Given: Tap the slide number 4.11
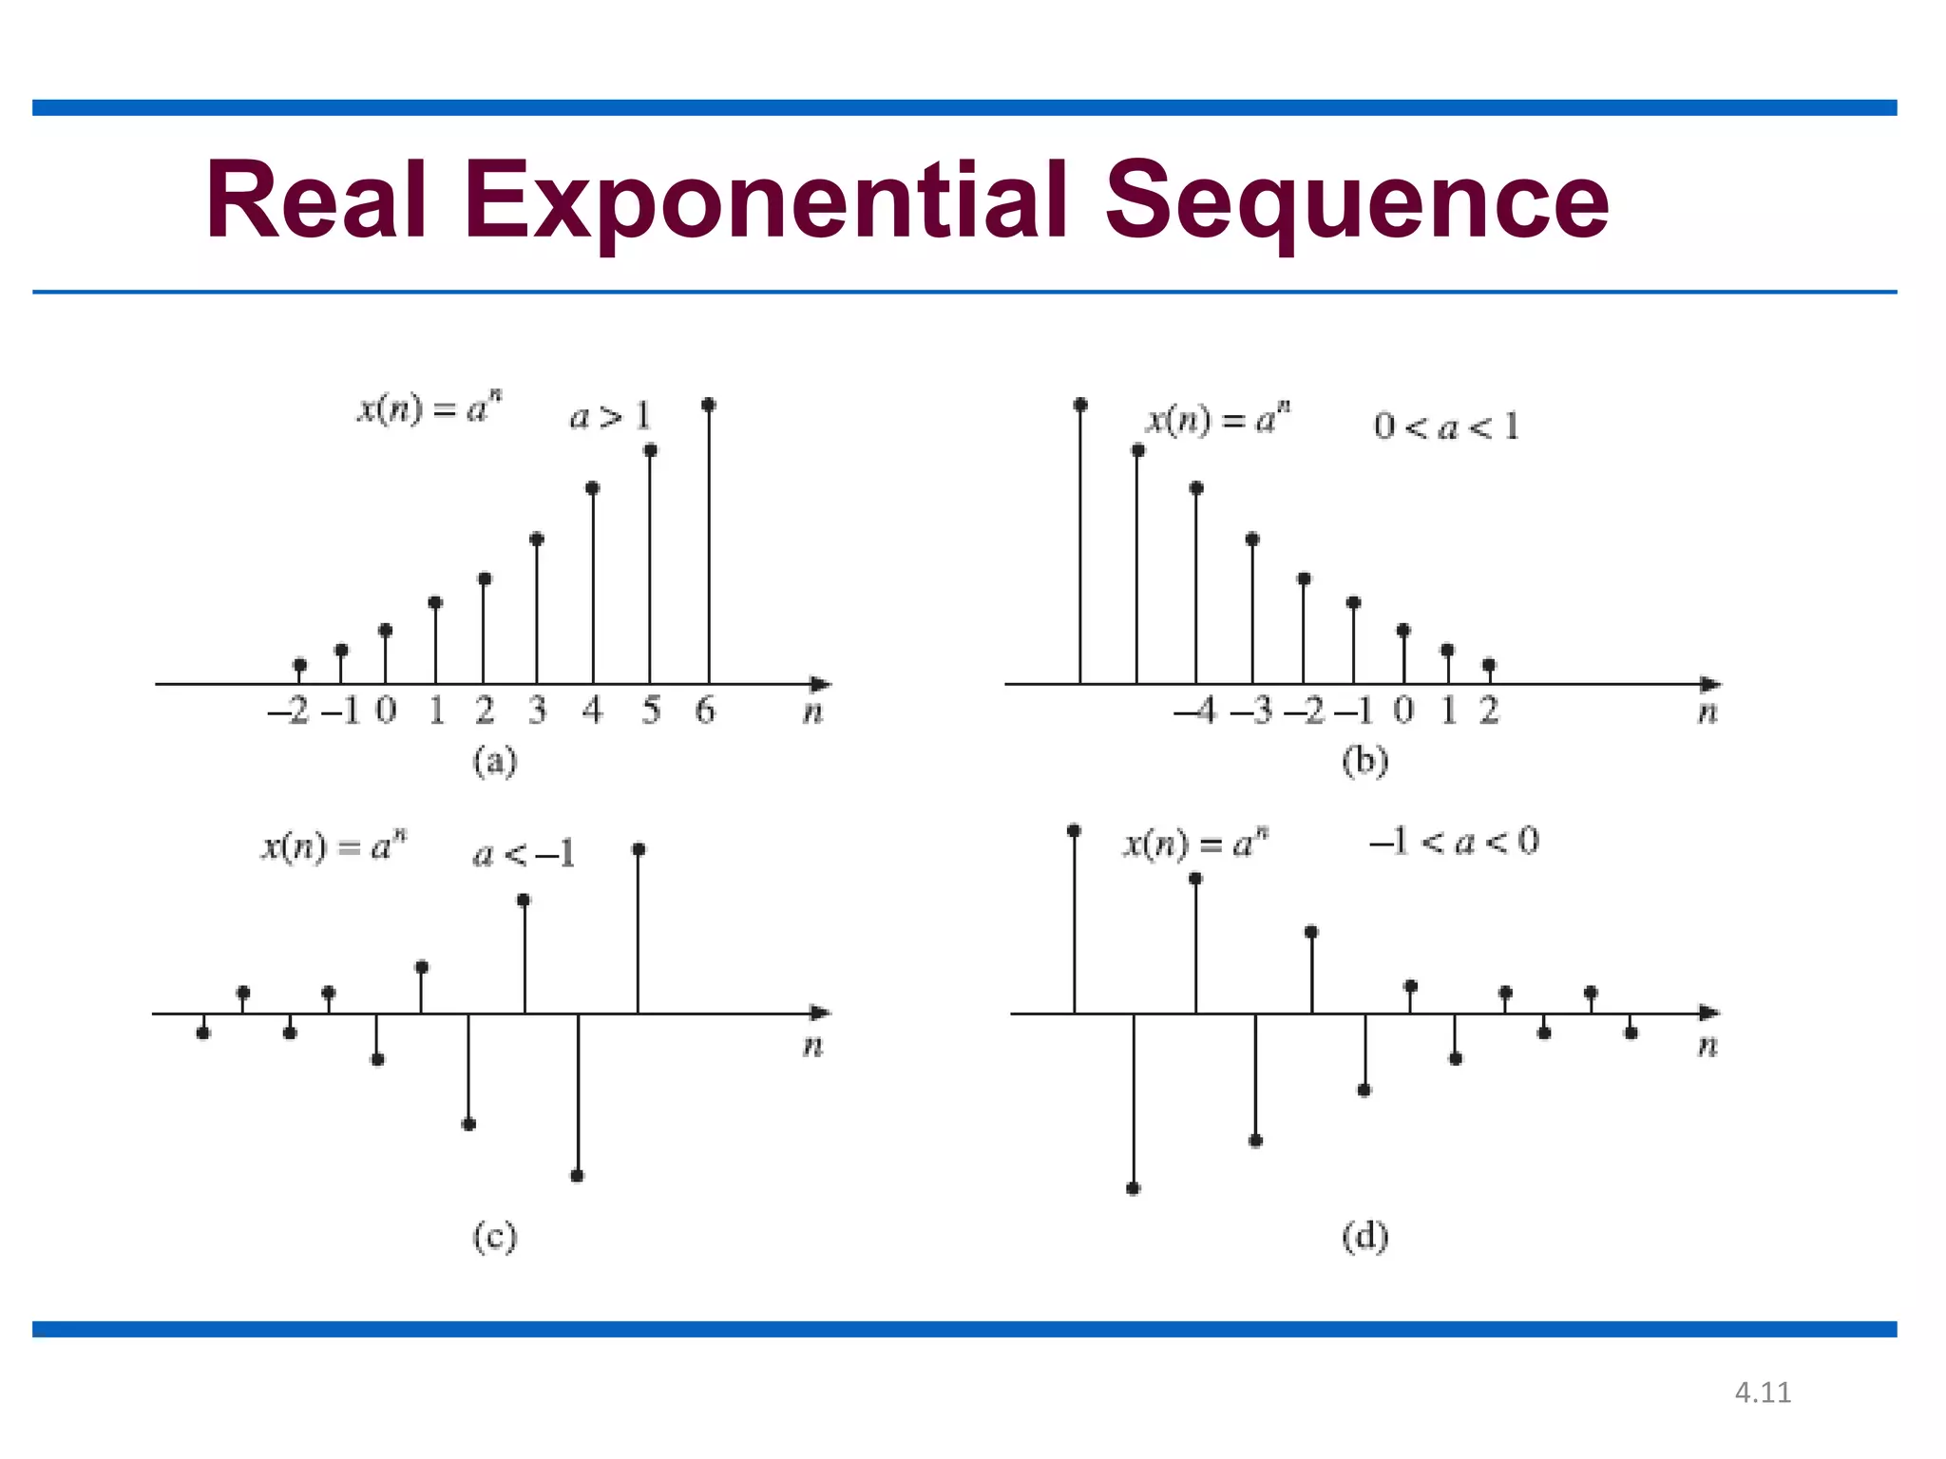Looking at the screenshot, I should tap(1763, 1393).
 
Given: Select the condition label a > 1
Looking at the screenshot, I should tap(610, 416).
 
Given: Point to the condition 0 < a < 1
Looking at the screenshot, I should tap(1446, 426).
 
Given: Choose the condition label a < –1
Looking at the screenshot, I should tap(525, 855).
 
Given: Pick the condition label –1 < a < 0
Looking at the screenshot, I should tap(1454, 842).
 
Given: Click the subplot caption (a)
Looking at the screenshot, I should tap(495, 762).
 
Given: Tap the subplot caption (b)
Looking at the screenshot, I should tap(1364, 762).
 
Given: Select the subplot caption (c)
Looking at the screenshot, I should tap(495, 1237).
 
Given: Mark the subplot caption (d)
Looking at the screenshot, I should tap(1364, 1237).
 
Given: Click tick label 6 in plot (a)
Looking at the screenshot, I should tap(705, 711).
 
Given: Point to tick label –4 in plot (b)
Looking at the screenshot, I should tap(1195, 711).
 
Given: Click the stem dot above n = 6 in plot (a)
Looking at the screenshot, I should tap(709, 405).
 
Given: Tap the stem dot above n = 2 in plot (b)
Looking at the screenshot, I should tap(1489, 665).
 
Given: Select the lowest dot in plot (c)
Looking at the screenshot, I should tap(578, 1176).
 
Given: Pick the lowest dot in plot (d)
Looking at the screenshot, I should tap(1133, 1188).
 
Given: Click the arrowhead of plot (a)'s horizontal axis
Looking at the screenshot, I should tap(821, 684).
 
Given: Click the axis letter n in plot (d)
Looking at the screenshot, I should tap(1708, 1047).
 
